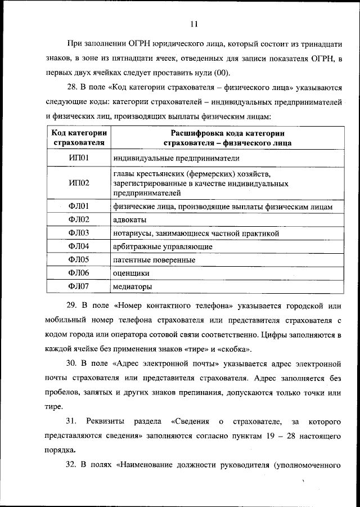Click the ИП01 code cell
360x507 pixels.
79,158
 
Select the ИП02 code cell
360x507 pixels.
79,183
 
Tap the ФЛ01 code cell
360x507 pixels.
79,207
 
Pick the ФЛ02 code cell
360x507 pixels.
79,219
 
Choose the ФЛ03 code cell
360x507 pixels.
79,233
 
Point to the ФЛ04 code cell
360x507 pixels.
79,246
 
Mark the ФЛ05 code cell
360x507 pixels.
79,260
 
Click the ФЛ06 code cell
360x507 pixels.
79,273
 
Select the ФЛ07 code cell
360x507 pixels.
79,286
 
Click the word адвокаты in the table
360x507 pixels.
130,219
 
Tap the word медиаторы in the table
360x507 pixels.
133,286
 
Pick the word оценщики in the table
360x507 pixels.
131,273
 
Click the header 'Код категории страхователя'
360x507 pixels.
79,138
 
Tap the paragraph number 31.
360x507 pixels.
71,421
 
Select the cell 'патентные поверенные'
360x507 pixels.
154,260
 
